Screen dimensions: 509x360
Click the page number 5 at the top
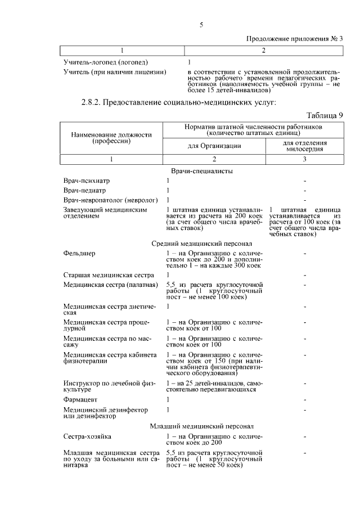pos(201,25)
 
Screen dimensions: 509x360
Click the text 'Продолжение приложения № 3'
pos(295,39)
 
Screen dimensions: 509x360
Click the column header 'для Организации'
pos(214,146)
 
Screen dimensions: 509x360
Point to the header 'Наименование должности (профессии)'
pos(111,138)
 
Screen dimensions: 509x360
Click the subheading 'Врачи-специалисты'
pos(202,170)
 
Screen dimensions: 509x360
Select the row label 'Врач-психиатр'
pos(87,181)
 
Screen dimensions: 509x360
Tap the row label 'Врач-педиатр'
pos(85,190)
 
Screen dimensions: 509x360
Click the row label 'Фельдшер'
pos(79,253)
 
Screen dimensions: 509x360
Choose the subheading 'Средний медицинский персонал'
pos(202,244)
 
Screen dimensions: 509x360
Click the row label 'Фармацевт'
pos(80,399)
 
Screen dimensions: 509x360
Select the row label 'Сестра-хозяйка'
pos(87,436)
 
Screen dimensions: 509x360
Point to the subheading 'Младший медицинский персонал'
pos(202,426)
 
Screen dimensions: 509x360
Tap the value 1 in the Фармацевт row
pos(168,399)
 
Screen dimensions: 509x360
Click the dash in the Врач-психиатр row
pos(304,181)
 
